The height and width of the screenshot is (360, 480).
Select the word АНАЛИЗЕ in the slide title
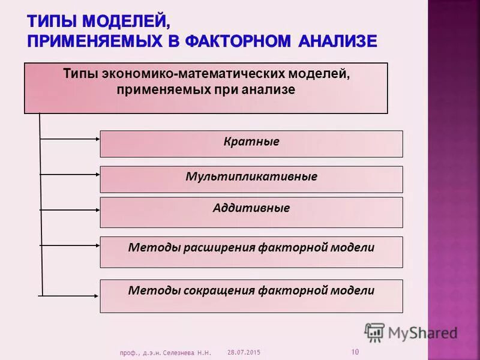pos(334,41)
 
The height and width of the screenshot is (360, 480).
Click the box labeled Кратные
pos(251,144)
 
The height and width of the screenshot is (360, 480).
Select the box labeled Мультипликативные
pos(251,179)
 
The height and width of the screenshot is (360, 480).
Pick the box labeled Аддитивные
pos(251,212)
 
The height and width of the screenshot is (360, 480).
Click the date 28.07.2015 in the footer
pos(244,352)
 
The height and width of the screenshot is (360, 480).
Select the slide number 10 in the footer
pos(355,352)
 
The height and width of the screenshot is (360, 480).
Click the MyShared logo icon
pos(374,332)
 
